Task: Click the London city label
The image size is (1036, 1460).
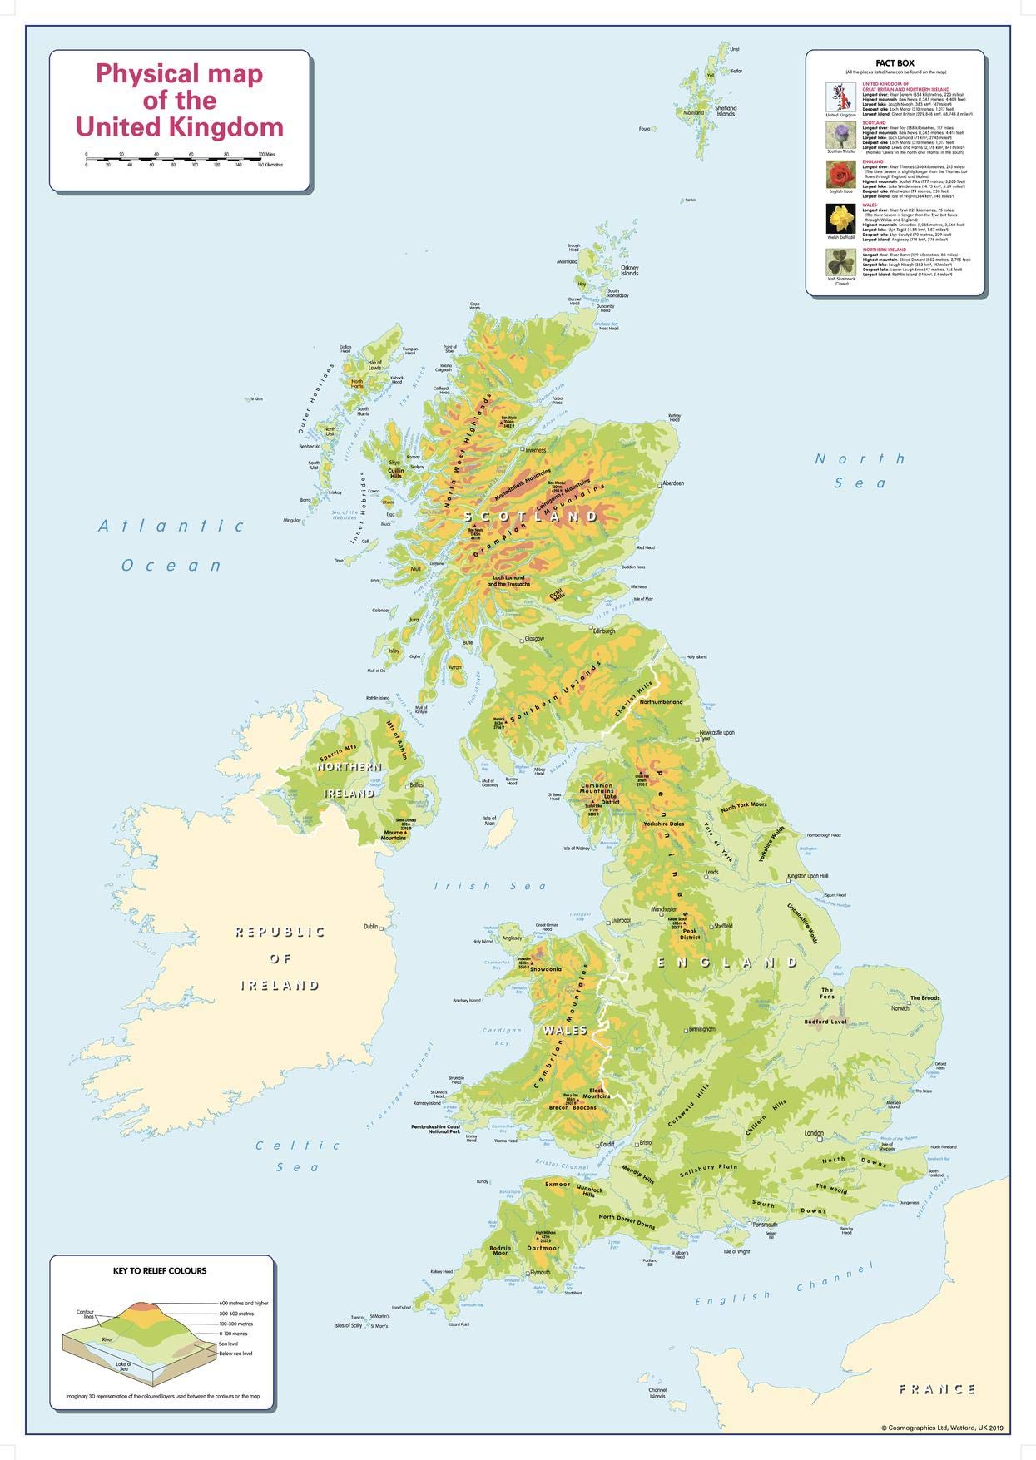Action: (813, 1133)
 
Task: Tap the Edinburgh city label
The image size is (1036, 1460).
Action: (603, 631)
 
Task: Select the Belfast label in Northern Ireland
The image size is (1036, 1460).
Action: (417, 784)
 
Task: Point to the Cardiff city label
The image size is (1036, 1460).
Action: (607, 1144)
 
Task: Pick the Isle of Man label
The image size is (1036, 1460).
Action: (490, 820)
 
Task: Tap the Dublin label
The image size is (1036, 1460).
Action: (370, 926)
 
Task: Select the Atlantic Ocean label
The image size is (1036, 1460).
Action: (171, 545)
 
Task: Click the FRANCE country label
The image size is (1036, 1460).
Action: (937, 1388)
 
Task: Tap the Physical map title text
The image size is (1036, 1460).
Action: (180, 100)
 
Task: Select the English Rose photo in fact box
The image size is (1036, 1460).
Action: (840, 176)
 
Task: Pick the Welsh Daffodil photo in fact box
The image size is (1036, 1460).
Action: (840, 219)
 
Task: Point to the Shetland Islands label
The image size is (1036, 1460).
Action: (726, 111)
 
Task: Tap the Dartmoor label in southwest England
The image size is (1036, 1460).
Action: (543, 1248)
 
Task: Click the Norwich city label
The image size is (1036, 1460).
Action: (900, 1008)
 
